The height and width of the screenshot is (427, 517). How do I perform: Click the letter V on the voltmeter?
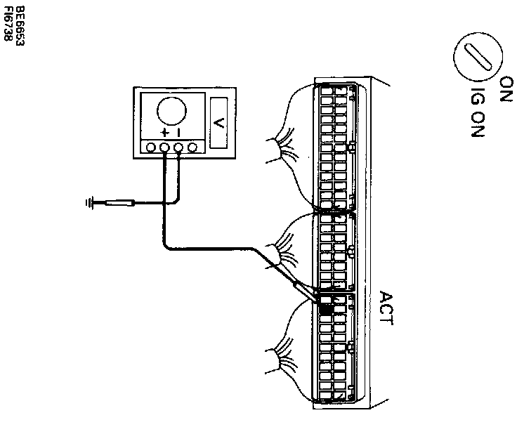(x=218, y=123)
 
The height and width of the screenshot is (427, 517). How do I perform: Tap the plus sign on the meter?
(x=164, y=132)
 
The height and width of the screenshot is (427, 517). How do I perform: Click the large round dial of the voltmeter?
(x=172, y=111)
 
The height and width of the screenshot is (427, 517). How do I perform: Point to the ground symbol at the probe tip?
(x=89, y=204)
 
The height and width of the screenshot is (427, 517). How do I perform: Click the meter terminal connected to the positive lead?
(x=164, y=147)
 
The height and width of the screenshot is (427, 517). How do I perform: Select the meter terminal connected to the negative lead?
(x=178, y=147)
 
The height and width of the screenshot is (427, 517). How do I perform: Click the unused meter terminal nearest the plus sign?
(x=150, y=147)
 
